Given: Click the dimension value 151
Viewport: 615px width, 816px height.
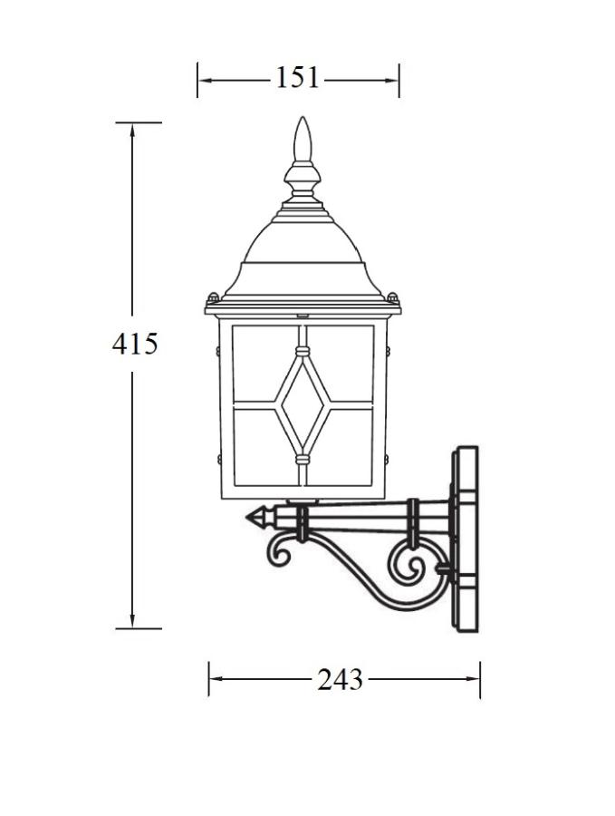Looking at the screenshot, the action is (297, 78).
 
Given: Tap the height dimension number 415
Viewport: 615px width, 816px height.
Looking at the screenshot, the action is (135, 344).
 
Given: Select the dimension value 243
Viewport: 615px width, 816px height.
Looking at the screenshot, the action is (340, 679).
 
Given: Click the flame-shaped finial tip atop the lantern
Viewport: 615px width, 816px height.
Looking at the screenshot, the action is (302, 139).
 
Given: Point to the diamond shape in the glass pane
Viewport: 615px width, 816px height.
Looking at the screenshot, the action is (302, 406).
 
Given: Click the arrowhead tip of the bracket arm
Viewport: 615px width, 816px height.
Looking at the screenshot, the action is (246, 517).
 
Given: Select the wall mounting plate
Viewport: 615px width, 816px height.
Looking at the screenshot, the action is (465, 539).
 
